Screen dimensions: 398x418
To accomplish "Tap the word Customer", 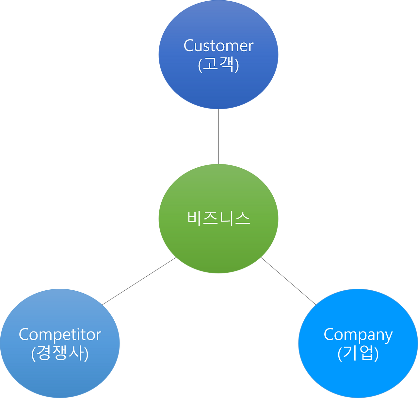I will coord(218,46).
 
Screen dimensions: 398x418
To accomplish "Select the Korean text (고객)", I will coord(218,65).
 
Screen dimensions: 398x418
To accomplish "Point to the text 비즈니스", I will coord(218,218).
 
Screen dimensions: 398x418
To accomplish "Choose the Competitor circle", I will coord(60,375).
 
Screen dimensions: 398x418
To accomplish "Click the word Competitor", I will coord(60,335).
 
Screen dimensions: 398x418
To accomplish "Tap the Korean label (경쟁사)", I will coord(60,354).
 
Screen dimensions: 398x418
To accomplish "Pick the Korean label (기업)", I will coord(358,354).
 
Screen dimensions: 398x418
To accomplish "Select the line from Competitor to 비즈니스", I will coord(139,281).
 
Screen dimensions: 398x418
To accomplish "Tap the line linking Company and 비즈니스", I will coord(288,281).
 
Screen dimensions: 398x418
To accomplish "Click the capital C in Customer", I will coord(189,46).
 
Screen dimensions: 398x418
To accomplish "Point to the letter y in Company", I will coord(388,337).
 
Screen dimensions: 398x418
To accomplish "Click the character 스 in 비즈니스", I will coord(242,218).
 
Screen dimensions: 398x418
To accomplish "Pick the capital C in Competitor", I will coord(24,335).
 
